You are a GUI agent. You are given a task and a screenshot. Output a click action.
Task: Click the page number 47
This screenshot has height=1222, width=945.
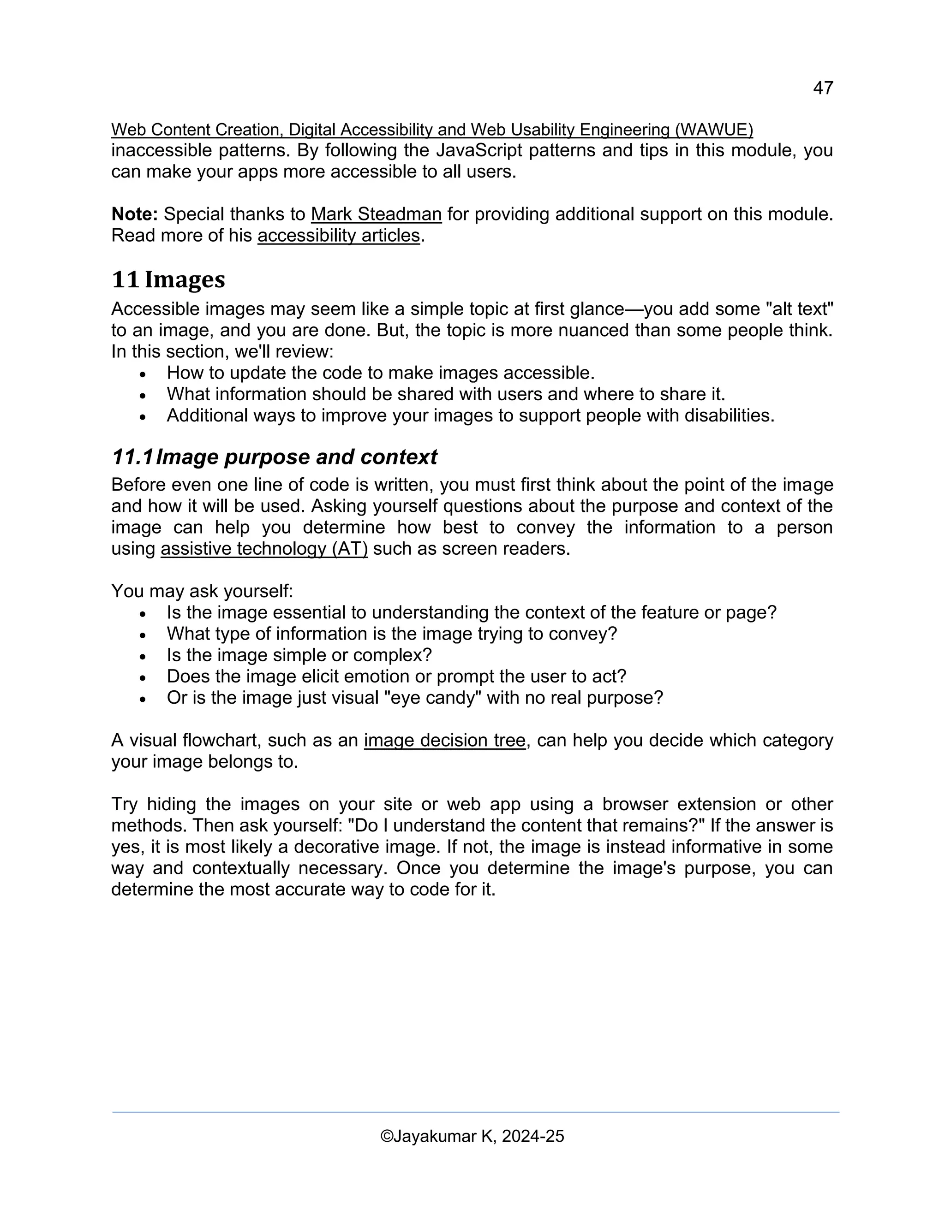(x=822, y=88)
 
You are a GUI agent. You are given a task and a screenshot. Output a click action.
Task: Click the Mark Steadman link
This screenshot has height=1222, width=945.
(x=376, y=214)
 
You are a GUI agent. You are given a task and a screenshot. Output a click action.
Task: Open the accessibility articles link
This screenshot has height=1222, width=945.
(x=338, y=236)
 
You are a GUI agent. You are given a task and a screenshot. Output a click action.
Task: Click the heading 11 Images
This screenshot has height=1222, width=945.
(x=168, y=279)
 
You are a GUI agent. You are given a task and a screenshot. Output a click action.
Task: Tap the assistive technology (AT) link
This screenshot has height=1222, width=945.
(x=264, y=548)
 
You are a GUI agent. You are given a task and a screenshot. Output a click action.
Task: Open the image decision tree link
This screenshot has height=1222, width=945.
(x=444, y=740)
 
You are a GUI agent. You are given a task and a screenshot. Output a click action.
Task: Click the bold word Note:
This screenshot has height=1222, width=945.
(x=134, y=214)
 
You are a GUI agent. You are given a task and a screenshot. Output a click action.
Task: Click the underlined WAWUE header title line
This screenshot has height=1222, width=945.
(x=431, y=130)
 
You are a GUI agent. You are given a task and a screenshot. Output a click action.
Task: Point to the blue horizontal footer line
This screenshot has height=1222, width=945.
(x=475, y=1112)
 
